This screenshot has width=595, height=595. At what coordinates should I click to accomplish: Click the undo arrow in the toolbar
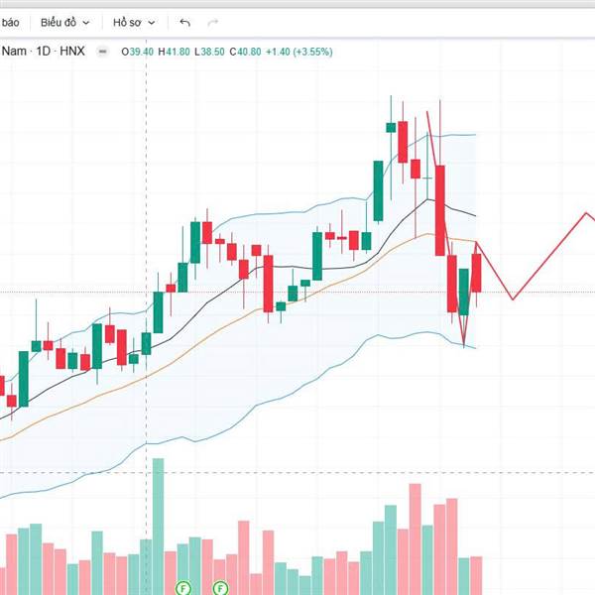tap(185, 22)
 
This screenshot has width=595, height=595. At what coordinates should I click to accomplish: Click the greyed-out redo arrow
tap(212, 22)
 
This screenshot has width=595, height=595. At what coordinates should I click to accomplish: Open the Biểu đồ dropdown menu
tap(65, 22)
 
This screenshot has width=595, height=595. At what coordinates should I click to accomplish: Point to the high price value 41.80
tap(175, 52)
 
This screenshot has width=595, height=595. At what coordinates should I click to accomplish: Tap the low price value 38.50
tap(212, 52)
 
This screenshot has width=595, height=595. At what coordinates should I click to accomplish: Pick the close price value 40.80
tap(250, 52)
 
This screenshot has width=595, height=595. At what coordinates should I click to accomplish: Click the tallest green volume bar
tap(158, 526)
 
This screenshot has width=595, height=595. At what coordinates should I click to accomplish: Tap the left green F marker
tap(182, 587)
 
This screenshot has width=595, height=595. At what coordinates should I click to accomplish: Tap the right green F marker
tap(220, 587)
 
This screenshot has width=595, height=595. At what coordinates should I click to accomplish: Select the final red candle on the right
tap(477, 273)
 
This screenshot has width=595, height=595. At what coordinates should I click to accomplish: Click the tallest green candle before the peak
tap(378, 190)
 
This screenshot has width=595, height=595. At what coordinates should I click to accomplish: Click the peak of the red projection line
tap(586, 213)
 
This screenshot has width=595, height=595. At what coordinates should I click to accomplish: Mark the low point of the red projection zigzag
tap(513, 298)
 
